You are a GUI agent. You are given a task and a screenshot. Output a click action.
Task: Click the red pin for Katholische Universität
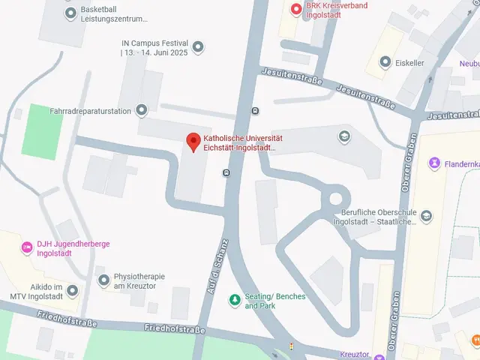[x=193, y=140]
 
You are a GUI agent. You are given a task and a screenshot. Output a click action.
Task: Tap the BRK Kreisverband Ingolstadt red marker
[x=296, y=9]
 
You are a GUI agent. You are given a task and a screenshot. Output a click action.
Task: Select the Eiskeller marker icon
[x=385, y=62]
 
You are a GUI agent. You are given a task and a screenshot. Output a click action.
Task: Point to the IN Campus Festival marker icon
[x=198, y=48]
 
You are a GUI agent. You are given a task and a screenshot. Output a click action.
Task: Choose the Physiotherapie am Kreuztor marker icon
[x=103, y=280]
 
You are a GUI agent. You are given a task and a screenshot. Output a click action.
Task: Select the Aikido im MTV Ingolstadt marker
[x=73, y=290]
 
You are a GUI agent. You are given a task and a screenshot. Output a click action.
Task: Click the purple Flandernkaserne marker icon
[x=434, y=163]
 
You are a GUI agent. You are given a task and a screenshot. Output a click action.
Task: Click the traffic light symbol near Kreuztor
[x=292, y=346]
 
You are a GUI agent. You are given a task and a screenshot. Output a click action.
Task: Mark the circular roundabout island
[x=335, y=199]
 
